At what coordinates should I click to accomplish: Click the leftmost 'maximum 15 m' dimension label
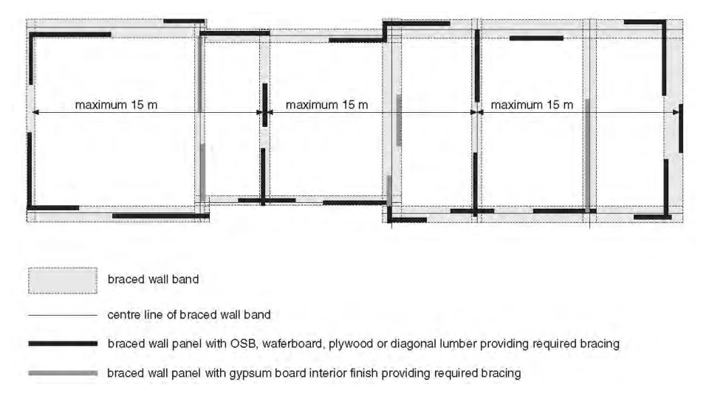[116, 105]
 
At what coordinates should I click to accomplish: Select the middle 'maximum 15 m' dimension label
[327, 105]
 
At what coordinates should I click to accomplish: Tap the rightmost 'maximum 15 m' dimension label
[532, 105]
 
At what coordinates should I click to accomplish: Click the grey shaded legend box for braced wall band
[63, 280]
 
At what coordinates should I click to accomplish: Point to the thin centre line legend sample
[63, 315]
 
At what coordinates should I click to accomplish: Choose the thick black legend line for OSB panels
[63, 344]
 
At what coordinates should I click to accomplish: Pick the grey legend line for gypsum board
[63, 373]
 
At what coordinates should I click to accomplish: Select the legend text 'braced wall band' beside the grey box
[154, 279]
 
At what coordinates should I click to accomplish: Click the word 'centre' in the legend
[124, 315]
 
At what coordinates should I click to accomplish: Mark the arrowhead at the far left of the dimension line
[35, 112]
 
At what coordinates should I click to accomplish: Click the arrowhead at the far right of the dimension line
[677, 112]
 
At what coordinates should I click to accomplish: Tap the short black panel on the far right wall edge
[681, 128]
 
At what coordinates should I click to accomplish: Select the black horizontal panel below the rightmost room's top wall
[536, 38]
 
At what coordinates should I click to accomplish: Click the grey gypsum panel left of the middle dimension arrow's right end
[398, 120]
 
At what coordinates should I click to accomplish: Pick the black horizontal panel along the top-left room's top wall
[70, 35]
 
